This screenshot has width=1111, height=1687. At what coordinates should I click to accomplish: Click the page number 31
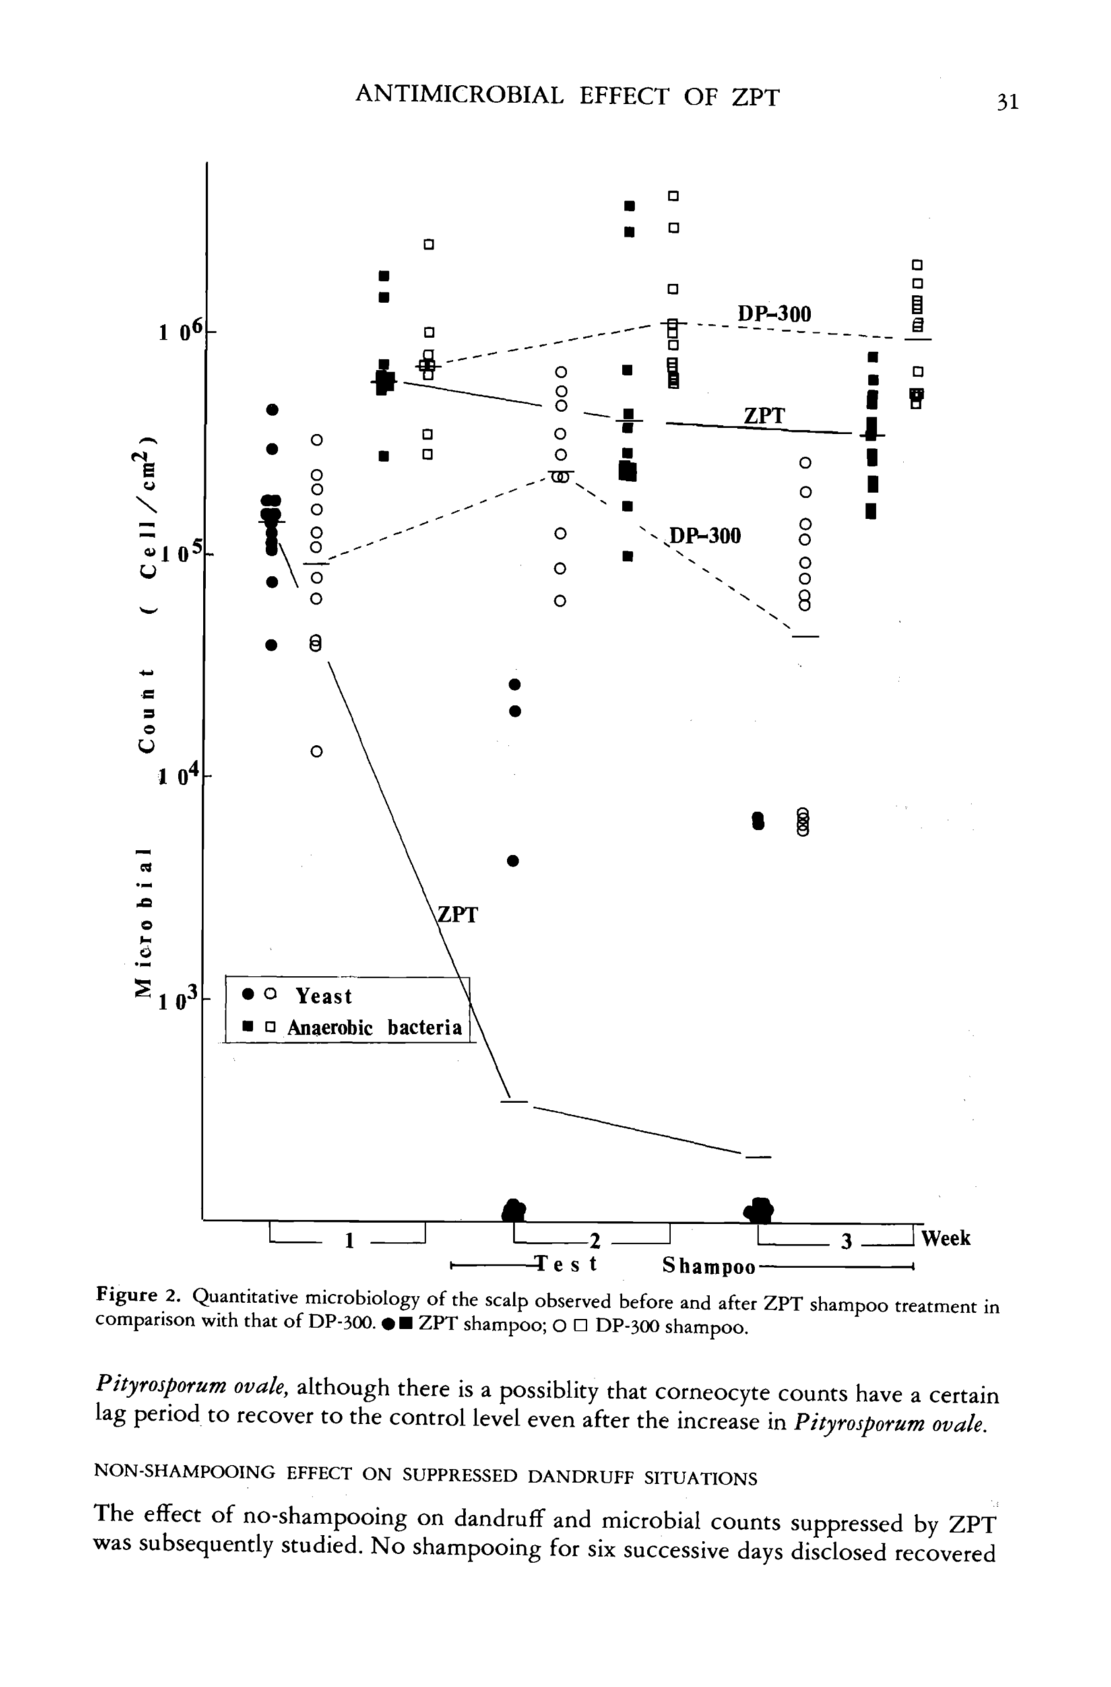pos(1007,103)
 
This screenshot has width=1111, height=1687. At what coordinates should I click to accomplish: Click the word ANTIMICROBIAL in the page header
pos(459,95)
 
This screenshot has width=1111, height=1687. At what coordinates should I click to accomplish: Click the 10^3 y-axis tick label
pos(181,1001)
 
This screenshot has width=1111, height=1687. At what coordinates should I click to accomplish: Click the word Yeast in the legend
pos(323,996)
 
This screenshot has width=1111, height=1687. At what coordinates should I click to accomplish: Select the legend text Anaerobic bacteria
pos(375,1028)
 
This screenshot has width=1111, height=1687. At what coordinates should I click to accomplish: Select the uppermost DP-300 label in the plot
pos(774,314)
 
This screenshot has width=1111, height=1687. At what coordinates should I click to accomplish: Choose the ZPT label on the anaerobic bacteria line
pos(764,416)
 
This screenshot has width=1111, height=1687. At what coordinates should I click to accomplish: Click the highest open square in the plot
pos(674,195)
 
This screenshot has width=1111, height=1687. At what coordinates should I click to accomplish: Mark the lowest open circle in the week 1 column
pos(317,752)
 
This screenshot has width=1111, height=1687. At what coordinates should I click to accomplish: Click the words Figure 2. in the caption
pos(139,1296)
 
